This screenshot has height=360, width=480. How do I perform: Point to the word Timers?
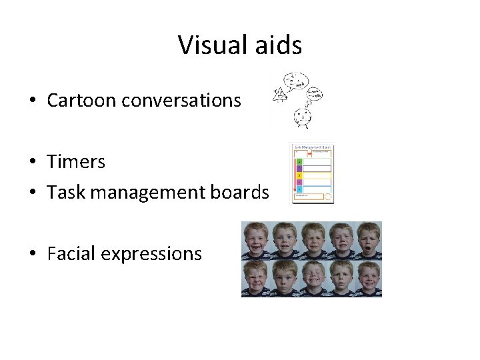[x=76, y=162]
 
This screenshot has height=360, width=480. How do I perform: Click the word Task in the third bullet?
[x=65, y=193]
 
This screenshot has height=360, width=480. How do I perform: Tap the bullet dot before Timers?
[x=33, y=163]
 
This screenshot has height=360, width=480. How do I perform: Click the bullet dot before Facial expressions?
[x=33, y=254]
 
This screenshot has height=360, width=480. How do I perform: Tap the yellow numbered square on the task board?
[x=299, y=175]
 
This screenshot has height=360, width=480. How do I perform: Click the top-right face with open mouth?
[x=367, y=240]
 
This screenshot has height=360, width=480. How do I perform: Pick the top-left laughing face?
[x=255, y=240]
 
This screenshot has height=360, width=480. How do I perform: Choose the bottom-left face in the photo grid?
[x=255, y=278]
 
